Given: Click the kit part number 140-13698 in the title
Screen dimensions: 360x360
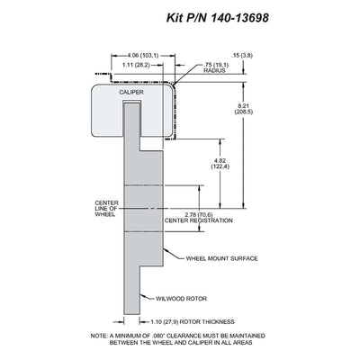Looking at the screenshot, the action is coord(239,18).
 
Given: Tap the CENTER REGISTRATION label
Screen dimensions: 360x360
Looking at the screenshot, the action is coord(199,220).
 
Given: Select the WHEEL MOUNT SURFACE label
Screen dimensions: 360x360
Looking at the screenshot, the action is coord(221,258).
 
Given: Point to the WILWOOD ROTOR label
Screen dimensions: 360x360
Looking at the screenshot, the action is coord(181,299).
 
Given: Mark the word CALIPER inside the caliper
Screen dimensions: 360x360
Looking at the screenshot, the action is coord(131,92).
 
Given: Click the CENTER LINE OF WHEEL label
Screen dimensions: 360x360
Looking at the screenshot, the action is coord(106,209).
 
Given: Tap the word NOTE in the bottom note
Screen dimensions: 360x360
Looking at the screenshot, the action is coord(98,336).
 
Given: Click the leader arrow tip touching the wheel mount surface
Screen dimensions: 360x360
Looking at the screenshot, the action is coord(164,248).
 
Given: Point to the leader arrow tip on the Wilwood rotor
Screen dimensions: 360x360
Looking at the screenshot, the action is coord(140,294).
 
